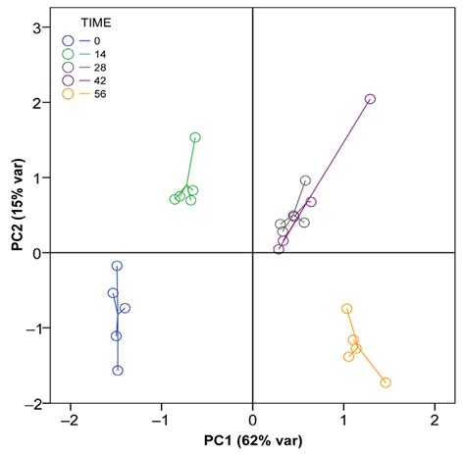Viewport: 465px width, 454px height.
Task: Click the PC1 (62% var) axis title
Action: pos(252,440)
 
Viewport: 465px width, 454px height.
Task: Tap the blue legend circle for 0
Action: pos(68,40)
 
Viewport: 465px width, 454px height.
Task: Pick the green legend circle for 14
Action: pos(68,53)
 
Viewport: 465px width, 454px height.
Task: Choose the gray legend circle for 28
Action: pos(68,67)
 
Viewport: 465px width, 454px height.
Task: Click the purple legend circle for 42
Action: pos(68,80)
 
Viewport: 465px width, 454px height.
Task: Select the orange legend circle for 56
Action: pos(68,94)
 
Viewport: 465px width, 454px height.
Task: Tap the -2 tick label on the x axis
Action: pos(68,419)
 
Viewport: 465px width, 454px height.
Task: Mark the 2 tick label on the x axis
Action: pos(435,419)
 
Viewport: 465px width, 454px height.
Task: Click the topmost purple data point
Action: pos(370,99)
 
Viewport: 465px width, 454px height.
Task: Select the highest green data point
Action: pos(195,137)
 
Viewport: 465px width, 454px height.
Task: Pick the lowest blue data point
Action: pos(118,370)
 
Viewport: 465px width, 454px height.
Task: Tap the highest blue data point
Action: pos(118,266)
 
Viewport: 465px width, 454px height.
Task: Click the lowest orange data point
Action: pos(386,382)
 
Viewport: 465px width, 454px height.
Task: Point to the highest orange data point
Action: pos(346,309)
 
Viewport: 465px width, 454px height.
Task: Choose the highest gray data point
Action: pos(305,180)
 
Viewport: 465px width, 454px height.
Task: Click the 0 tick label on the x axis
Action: pos(252,419)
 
